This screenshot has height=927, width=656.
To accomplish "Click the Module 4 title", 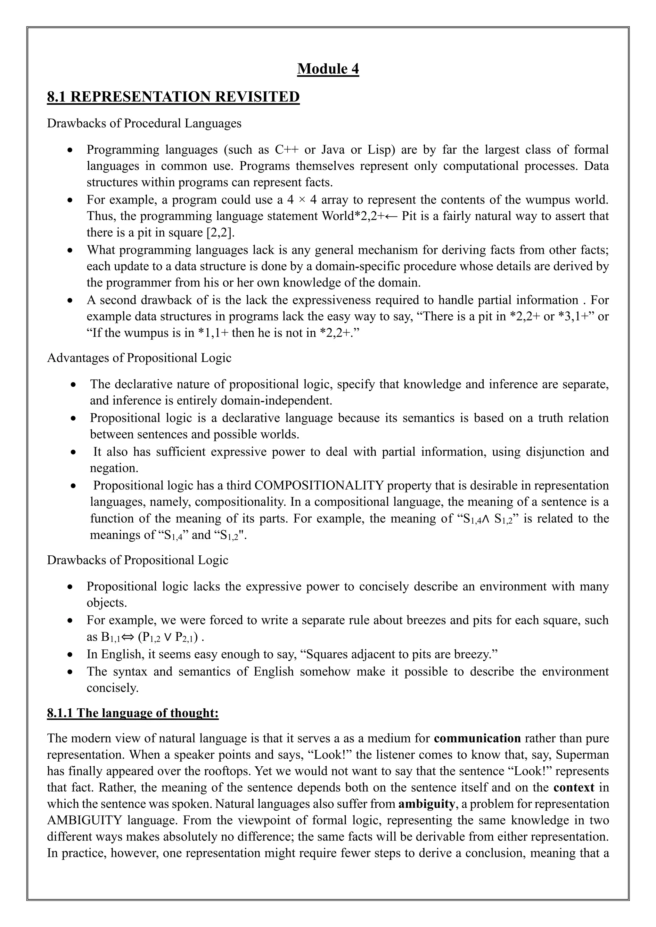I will (328, 69).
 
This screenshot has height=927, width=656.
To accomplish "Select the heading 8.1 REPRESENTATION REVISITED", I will (173, 97).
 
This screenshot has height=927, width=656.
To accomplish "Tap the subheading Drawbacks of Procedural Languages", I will (144, 123).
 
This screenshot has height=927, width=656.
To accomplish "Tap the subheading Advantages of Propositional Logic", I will (139, 358).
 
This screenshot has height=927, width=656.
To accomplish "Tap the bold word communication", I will (477, 738).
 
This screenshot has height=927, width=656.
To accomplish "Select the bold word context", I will (574, 787).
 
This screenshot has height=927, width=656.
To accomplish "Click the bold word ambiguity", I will (426, 804).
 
